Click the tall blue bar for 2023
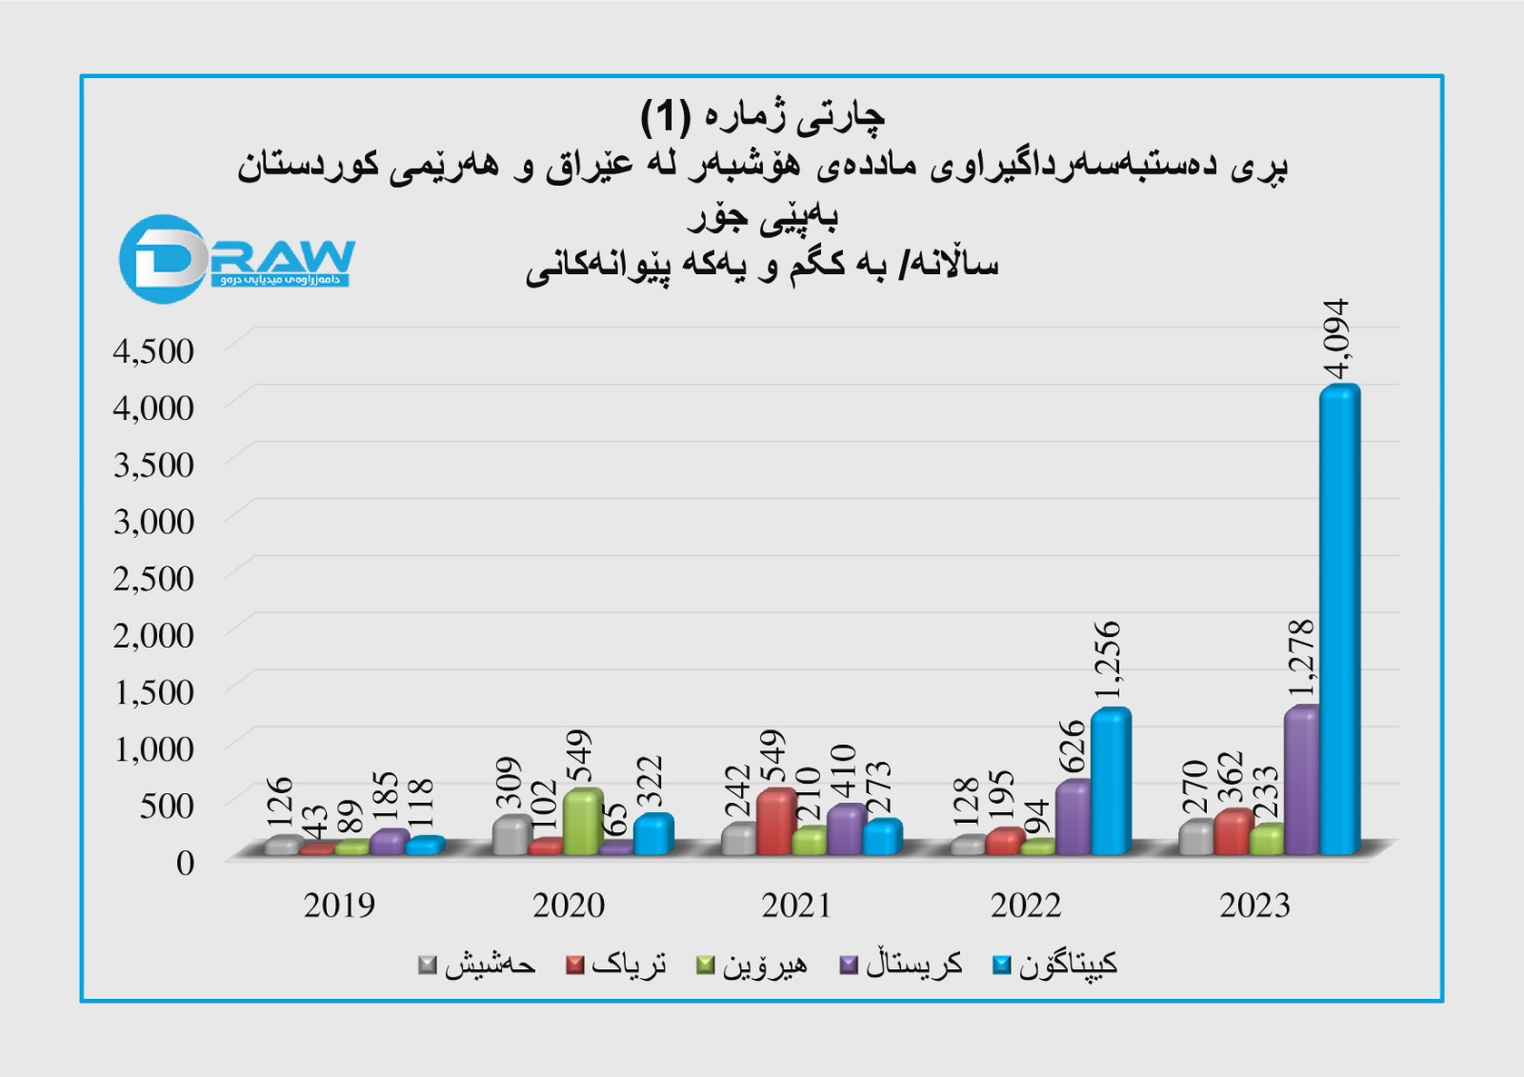click(1339, 619)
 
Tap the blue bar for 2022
click(1111, 781)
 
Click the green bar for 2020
click(583, 821)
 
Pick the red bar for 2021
click(776, 821)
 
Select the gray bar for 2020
click(512, 835)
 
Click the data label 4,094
click(1337, 339)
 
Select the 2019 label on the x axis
click(339, 906)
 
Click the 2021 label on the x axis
click(796, 906)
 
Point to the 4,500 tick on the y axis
click(153, 351)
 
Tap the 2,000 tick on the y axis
click(153, 635)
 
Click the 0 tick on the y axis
click(185, 863)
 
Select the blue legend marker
click(1001, 966)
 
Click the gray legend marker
click(428, 966)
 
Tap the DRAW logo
click(236, 258)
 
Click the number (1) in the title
click(664, 117)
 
